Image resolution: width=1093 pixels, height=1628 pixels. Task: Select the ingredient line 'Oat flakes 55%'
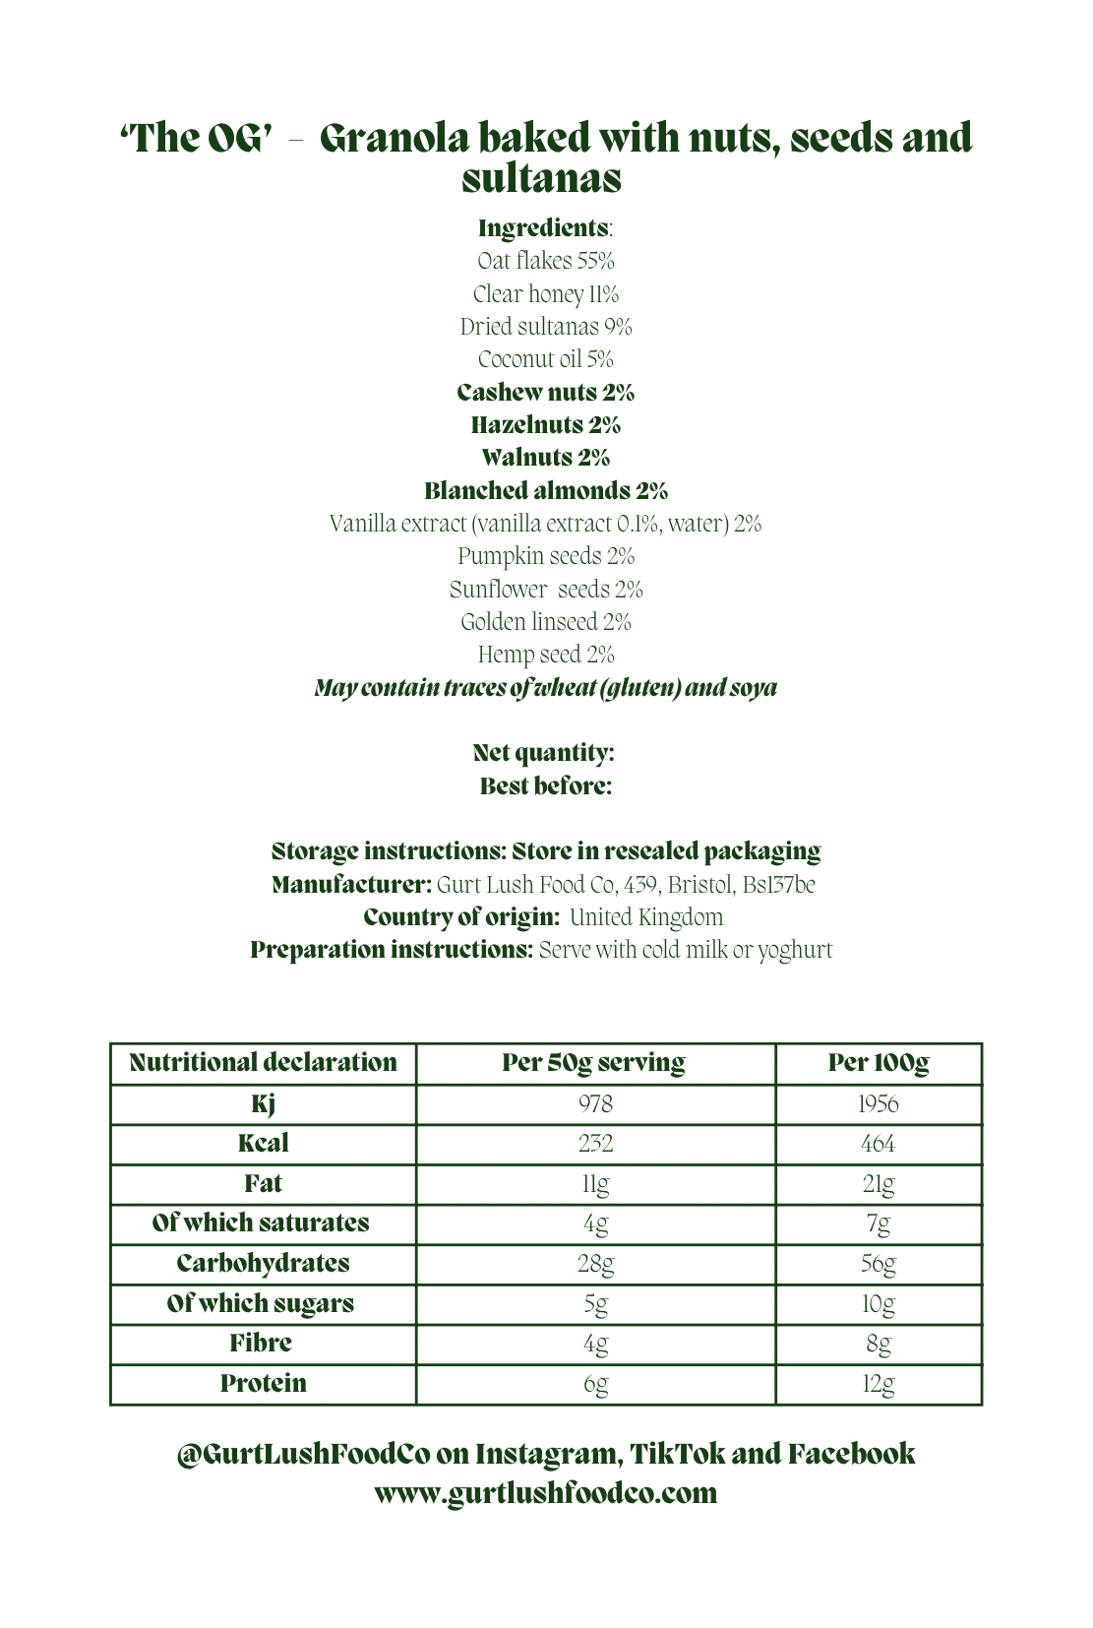pyautogui.click(x=546, y=261)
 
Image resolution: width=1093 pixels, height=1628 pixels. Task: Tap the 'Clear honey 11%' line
pyautogui.click(x=546, y=294)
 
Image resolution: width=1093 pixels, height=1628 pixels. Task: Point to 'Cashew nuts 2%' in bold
pyautogui.click(x=546, y=393)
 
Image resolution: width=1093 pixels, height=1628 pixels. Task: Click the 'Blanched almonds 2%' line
pyautogui.click(x=546, y=490)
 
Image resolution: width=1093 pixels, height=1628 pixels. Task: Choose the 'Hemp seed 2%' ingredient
pyautogui.click(x=546, y=655)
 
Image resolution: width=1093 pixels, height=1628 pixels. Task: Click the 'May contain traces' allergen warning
pyautogui.click(x=546, y=688)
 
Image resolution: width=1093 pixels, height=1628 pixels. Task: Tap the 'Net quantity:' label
pyautogui.click(x=544, y=753)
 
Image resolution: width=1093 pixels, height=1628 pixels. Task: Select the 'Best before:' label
pyautogui.click(x=546, y=786)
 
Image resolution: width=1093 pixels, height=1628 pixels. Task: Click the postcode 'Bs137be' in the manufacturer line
pyautogui.click(x=778, y=885)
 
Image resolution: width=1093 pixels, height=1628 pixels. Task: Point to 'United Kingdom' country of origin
pyautogui.click(x=646, y=917)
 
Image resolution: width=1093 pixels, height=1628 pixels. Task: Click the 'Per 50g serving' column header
pyautogui.click(x=594, y=1063)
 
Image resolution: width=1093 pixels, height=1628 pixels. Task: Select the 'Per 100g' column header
pyautogui.click(x=879, y=1063)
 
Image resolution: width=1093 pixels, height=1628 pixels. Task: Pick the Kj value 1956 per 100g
pyautogui.click(x=879, y=1104)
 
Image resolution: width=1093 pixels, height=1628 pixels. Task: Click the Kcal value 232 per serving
pyautogui.click(x=595, y=1144)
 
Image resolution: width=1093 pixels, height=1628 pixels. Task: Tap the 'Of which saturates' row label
pyautogui.click(x=261, y=1223)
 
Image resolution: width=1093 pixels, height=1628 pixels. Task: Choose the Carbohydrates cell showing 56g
pyautogui.click(x=879, y=1264)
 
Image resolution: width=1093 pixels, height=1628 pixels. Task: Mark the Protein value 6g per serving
pyautogui.click(x=595, y=1384)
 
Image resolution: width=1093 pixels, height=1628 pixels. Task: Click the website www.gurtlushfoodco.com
pyautogui.click(x=546, y=1493)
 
